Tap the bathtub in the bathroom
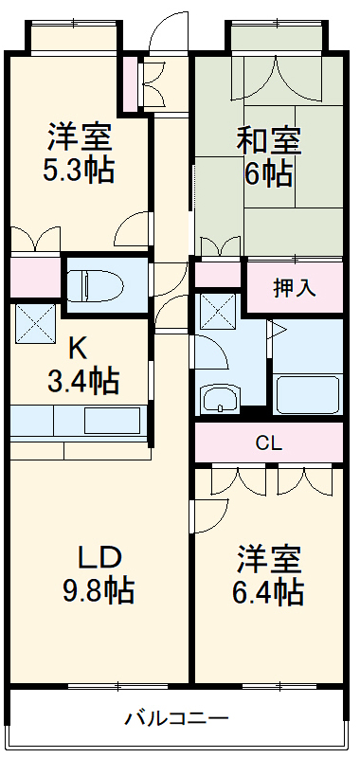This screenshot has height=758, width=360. click(x=307, y=393)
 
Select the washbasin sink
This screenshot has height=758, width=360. click(x=220, y=400)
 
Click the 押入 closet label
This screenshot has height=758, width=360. click(x=295, y=289)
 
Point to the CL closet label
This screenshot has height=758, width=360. click(x=268, y=442)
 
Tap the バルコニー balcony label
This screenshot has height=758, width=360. click(x=177, y=717)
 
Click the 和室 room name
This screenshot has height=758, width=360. click(x=269, y=142)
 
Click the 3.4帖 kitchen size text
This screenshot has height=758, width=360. click(x=83, y=382)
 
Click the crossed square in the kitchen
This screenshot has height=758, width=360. click(x=35, y=325)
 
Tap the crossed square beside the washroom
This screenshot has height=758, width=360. click(x=217, y=310)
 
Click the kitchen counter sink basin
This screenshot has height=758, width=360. click(x=112, y=420)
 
